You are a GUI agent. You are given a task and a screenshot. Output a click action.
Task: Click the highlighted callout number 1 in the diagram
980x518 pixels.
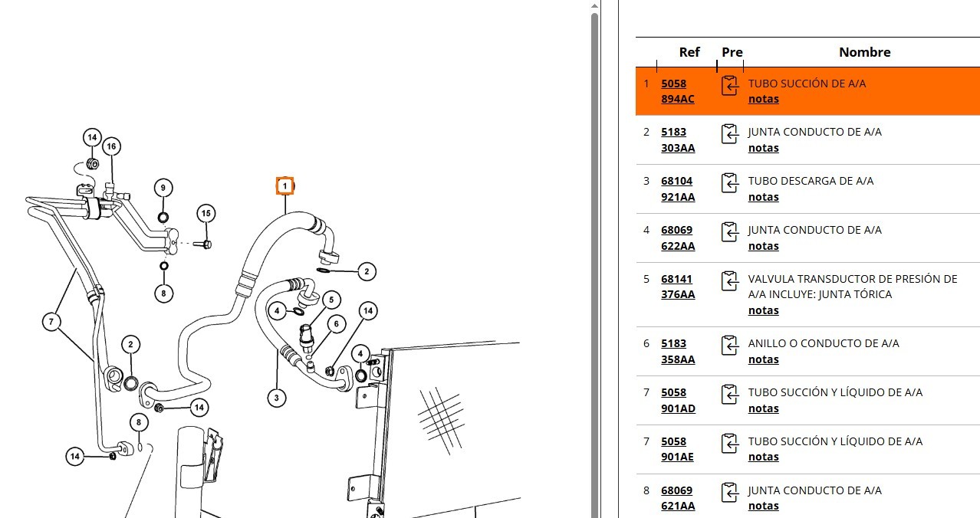coord(284,185)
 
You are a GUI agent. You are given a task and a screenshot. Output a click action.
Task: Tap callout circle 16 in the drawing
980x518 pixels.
coord(111,146)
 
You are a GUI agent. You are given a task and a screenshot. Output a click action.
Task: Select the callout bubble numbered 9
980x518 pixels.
coord(163,188)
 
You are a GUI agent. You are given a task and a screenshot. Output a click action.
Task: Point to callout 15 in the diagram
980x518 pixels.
coord(206,213)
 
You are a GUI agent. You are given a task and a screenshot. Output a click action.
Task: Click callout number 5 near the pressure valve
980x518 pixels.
coord(331,300)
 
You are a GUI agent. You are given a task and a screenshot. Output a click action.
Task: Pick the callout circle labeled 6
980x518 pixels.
coord(336,324)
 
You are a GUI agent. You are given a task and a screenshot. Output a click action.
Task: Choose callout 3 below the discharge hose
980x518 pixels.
coord(277,398)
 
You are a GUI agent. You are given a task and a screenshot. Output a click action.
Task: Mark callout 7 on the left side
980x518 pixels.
coord(51,322)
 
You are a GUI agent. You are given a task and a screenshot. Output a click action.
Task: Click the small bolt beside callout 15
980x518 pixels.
coord(205,244)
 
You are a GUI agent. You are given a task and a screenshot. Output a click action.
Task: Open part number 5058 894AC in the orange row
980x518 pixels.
coord(677,91)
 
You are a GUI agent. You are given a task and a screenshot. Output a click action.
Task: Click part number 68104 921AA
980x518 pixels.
coord(678,189)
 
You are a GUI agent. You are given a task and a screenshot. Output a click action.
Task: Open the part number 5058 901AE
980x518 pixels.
coord(677,449)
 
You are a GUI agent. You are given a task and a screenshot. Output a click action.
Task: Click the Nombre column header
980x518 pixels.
coord(864,52)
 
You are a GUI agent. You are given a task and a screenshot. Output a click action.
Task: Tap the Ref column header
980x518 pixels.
coord(689,52)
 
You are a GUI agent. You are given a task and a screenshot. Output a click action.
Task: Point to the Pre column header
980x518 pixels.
coord(732,52)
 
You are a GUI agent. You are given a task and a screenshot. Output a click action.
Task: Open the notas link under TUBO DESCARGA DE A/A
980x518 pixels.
coord(763,197)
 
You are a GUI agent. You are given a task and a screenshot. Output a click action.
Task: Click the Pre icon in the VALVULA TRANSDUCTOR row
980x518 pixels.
coord(730,281)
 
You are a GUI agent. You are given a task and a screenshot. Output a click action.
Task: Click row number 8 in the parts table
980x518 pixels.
coord(646,490)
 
